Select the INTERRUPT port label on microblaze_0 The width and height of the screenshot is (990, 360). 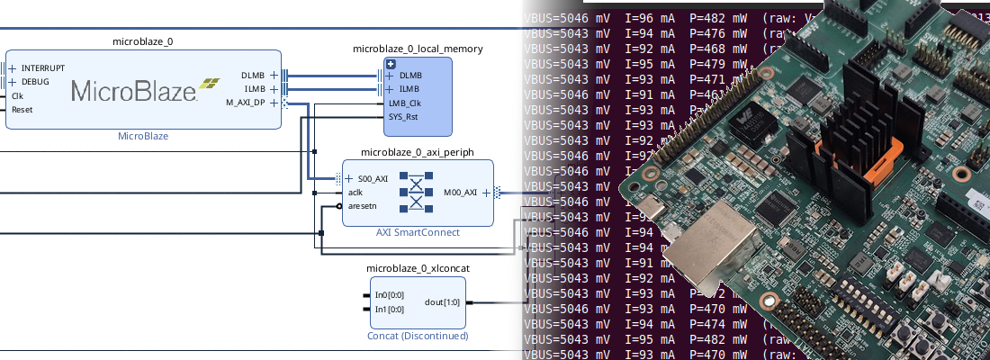[42, 67]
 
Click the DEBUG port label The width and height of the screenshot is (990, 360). [35, 82]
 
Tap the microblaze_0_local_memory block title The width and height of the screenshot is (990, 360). [417, 49]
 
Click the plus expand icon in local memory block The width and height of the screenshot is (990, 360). [391, 64]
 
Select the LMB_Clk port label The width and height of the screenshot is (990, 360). [404, 103]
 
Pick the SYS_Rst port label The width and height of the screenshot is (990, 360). [404, 116]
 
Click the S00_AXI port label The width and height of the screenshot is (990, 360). [373, 178]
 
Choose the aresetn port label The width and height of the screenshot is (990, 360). [363, 206]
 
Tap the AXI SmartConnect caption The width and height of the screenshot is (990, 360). [418, 232]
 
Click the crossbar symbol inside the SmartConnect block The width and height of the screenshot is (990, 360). [417, 192]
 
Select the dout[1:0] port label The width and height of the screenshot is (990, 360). [442, 302]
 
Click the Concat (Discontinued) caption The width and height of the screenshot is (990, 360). [418, 336]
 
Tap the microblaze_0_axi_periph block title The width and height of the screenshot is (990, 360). [417, 152]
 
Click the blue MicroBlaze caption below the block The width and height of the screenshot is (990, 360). [143, 137]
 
